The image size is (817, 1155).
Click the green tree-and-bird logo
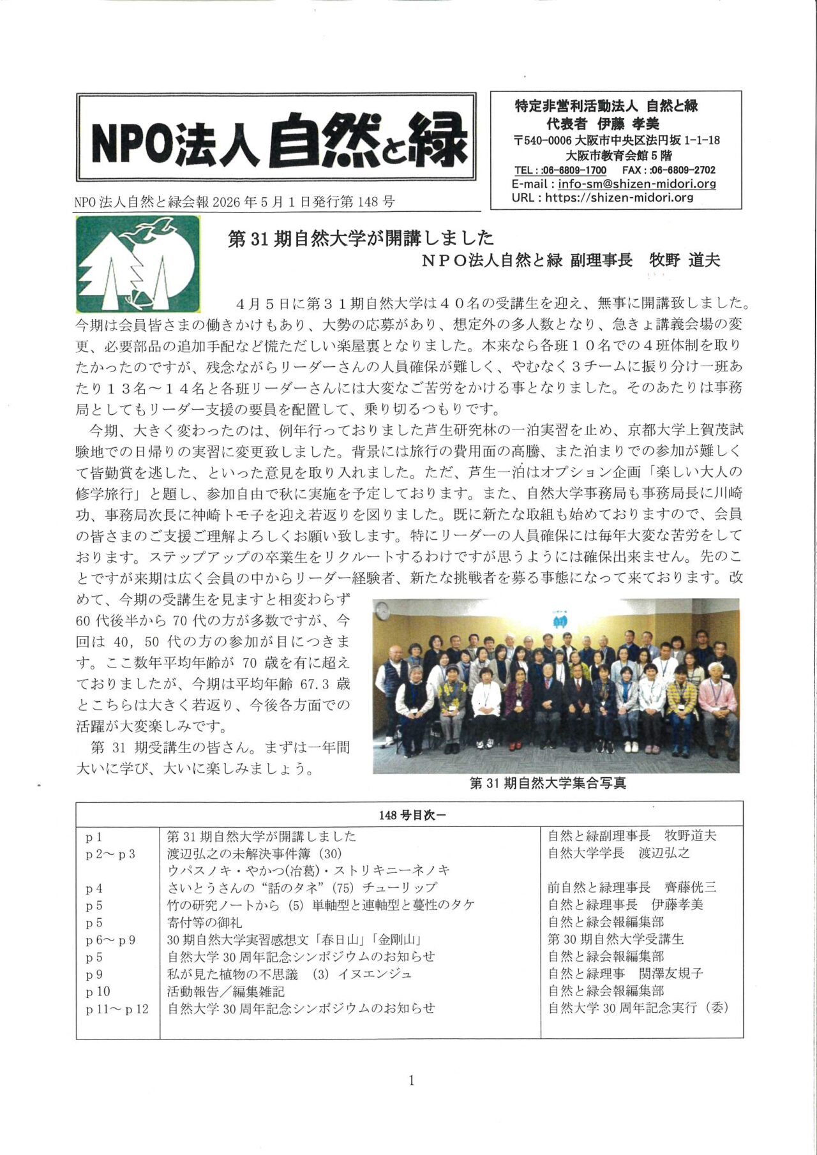tap(137, 263)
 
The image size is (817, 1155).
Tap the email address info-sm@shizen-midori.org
tap(636, 184)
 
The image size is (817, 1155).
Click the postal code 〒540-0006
tap(543, 140)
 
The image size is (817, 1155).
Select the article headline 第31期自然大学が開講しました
tap(361, 238)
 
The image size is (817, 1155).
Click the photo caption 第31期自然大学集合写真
tap(548, 783)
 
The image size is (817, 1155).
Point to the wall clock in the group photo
tap(382, 611)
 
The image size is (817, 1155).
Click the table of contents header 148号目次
tap(409, 815)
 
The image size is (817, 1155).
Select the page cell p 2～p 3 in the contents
tap(110, 854)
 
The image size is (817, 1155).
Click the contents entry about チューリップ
tap(302, 888)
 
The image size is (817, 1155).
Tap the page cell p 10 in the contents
tap(98, 991)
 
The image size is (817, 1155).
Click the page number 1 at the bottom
tap(411, 1080)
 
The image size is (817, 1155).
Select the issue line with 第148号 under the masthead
tap(234, 202)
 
